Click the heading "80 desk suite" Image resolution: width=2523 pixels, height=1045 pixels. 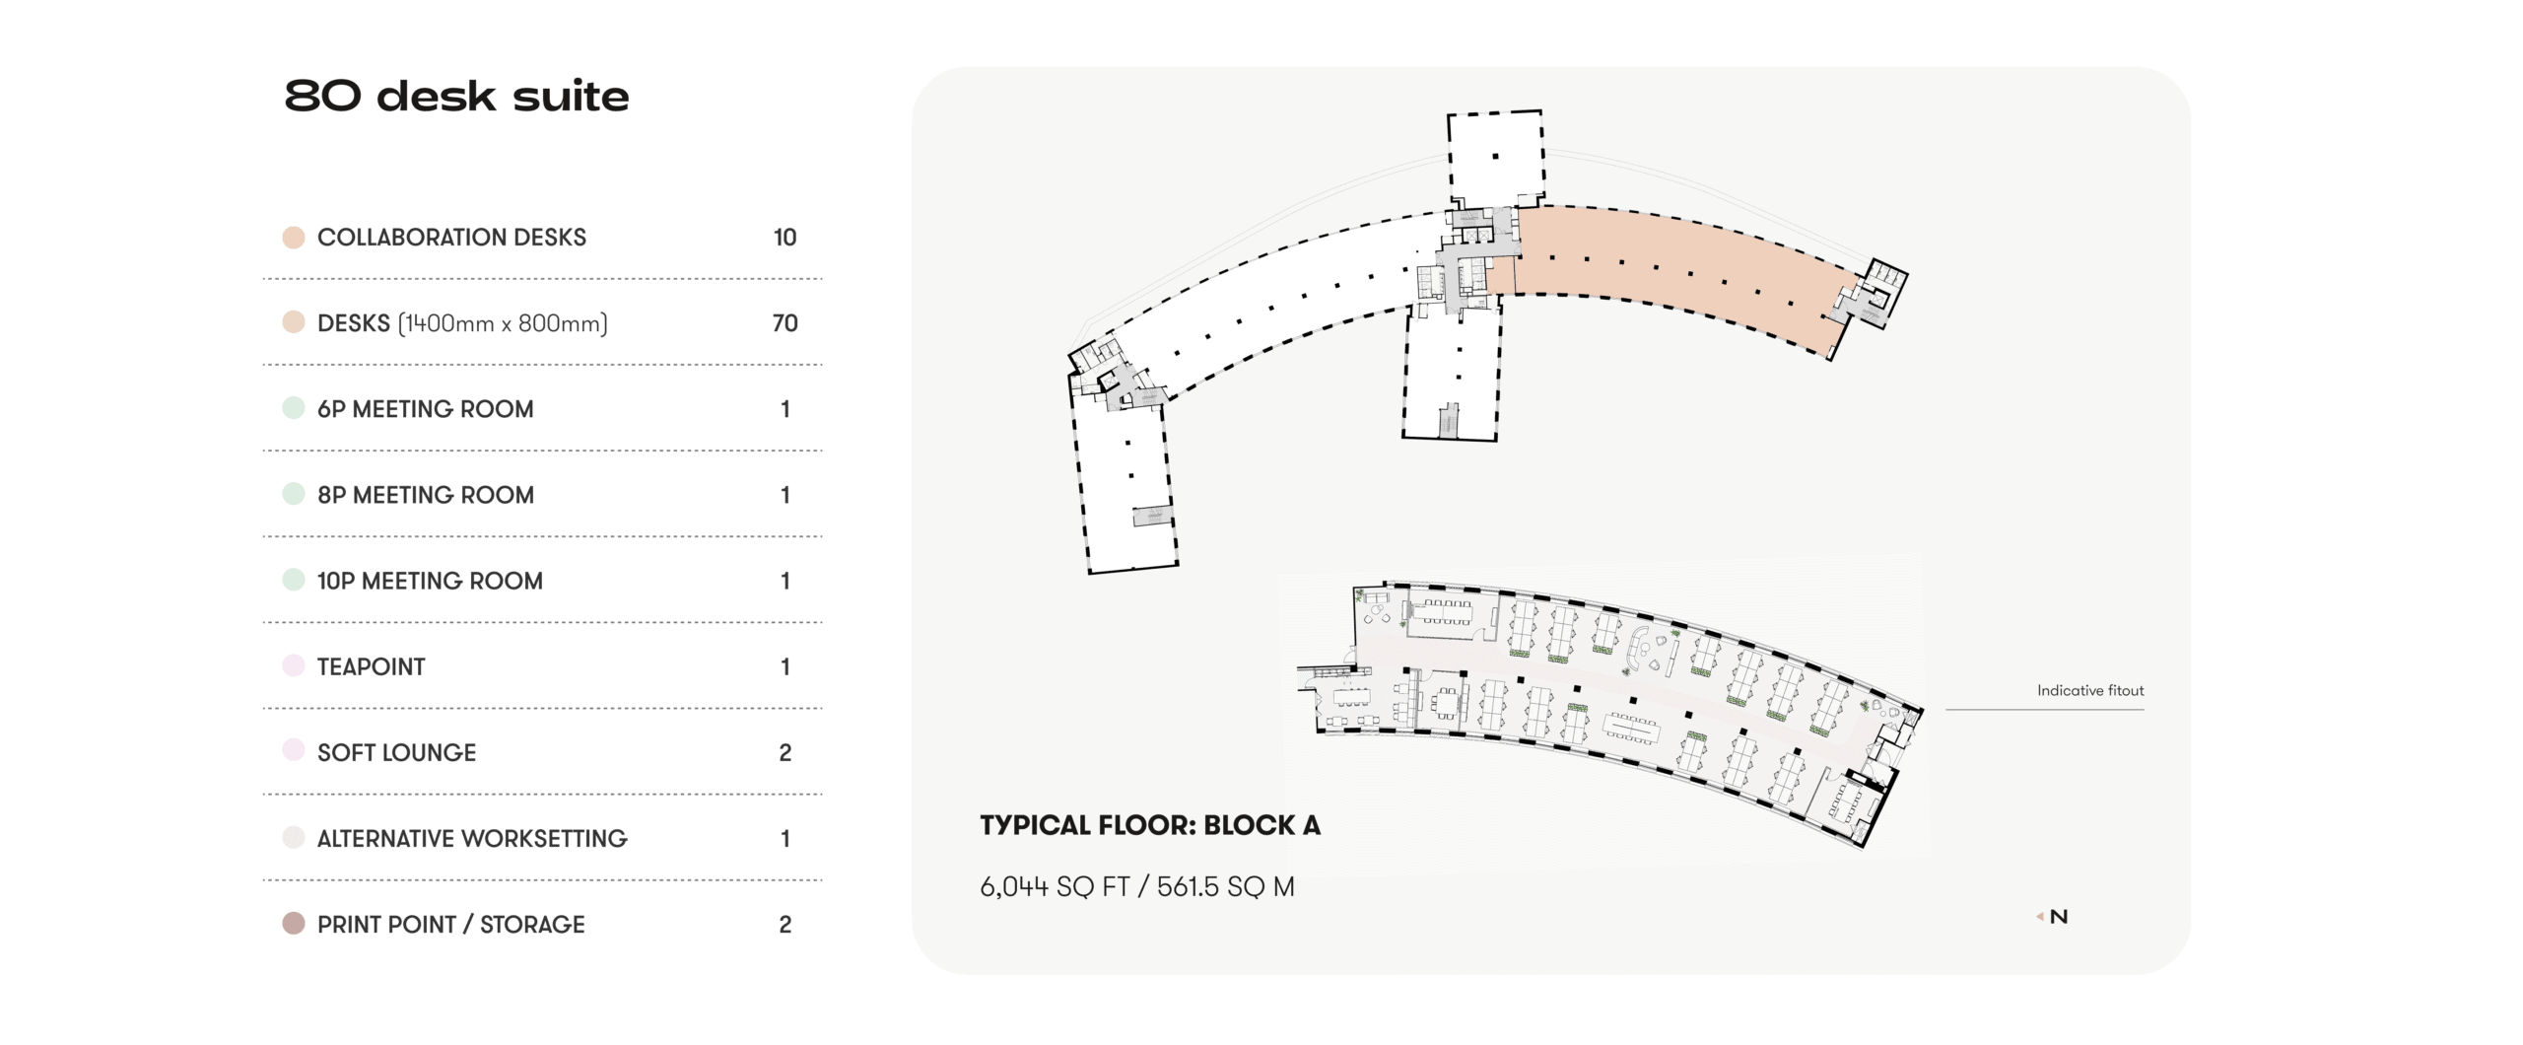tap(456, 97)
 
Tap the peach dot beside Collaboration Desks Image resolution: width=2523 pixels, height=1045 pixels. tap(294, 238)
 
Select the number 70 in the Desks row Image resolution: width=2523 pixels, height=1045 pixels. tap(784, 323)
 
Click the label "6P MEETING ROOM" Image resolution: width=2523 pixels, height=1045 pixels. tap(425, 409)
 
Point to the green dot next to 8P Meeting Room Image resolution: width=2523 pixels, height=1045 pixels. tap(294, 495)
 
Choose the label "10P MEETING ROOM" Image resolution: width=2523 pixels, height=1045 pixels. tap(430, 581)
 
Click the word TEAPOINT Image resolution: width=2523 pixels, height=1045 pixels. tap(371, 667)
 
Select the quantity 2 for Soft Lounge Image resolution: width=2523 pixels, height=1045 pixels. tap(784, 753)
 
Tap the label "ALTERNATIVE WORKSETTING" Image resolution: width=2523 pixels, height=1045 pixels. tap(472, 839)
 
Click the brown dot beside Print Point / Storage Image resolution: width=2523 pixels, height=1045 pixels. tap(294, 924)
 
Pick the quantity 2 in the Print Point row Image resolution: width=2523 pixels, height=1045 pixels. tap(784, 925)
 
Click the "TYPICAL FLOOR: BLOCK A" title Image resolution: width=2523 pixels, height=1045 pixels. tap(1149, 825)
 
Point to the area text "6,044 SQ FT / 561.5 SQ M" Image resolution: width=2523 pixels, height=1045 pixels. tap(1136, 886)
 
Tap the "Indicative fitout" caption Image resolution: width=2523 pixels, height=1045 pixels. tap(2090, 690)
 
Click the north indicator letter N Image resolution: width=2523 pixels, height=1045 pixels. tap(2058, 917)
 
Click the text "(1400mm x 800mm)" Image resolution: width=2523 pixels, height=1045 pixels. tap(503, 323)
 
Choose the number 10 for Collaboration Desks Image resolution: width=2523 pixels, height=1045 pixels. tap(784, 238)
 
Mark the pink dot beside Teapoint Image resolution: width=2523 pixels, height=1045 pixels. tap(294, 665)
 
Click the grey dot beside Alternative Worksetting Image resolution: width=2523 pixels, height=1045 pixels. tap(294, 838)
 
